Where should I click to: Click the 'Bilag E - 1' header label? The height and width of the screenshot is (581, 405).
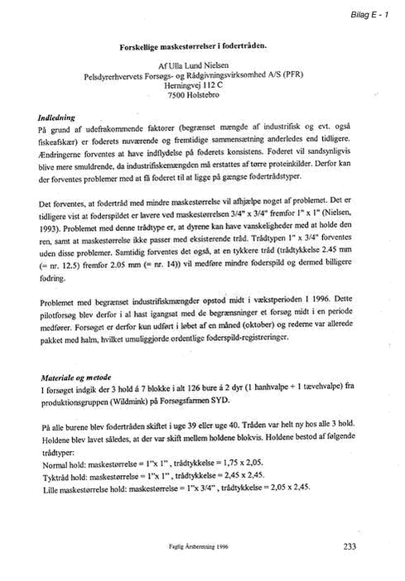pos(369,15)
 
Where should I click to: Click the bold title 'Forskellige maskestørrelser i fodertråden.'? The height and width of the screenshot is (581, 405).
pos(193,46)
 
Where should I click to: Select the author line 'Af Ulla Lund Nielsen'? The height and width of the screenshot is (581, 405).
pos(193,66)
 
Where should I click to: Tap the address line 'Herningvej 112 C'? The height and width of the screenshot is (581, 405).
pos(194,85)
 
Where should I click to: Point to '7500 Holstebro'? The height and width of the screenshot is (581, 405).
pos(194,95)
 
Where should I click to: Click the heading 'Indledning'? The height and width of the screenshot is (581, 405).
pos(56,118)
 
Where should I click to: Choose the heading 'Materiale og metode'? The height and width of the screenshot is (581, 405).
pos(76,377)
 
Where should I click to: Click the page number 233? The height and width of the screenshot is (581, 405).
pos(350,546)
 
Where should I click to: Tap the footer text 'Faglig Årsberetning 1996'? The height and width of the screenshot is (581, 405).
pos(199,546)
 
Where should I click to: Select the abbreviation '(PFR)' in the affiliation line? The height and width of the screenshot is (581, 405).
pos(293,74)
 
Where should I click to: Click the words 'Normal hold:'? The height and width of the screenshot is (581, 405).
pos(65,465)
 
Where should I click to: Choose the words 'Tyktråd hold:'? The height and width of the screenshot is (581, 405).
pos(65,478)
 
